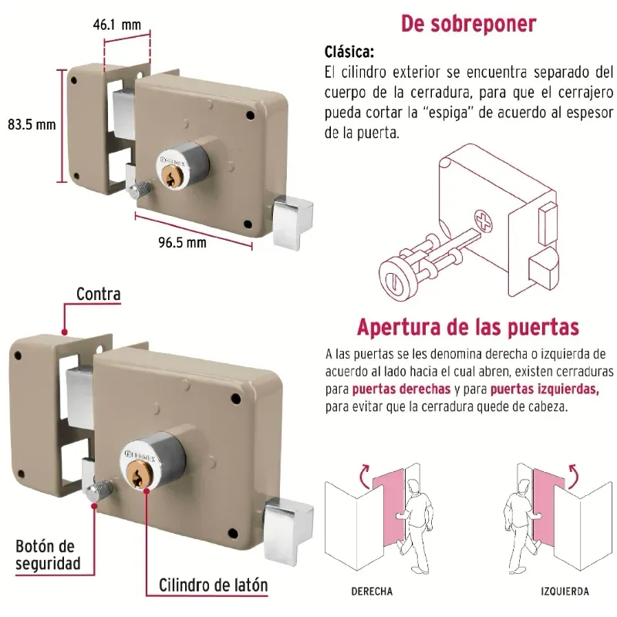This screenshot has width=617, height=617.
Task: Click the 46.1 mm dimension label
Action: click(x=117, y=25)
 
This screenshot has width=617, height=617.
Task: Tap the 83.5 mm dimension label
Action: click(x=32, y=125)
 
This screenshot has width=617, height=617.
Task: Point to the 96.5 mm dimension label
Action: click(x=182, y=242)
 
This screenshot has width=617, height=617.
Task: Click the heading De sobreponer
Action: click(x=468, y=24)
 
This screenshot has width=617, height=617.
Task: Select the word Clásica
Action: click(x=349, y=52)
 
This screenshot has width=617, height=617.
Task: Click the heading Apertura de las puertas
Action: click(x=468, y=327)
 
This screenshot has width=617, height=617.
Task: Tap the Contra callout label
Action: click(x=99, y=294)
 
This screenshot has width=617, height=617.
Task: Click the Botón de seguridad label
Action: click(x=48, y=555)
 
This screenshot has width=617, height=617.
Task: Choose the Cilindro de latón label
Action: click(x=214, y=585)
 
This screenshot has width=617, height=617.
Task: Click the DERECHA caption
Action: click(x=372, y=592)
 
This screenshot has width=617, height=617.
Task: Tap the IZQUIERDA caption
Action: click(x=565, y=592)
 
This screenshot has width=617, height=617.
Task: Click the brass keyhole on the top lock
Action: click(x=171, y=176)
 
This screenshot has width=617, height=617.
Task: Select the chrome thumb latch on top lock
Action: click(x=292, y=222)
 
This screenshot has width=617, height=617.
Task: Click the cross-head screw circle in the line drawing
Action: click(x=483, y=221)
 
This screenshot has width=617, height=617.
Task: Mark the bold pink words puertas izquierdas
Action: click(x=545, y=389)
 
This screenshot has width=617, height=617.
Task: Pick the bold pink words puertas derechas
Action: click(x=401, y=389)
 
